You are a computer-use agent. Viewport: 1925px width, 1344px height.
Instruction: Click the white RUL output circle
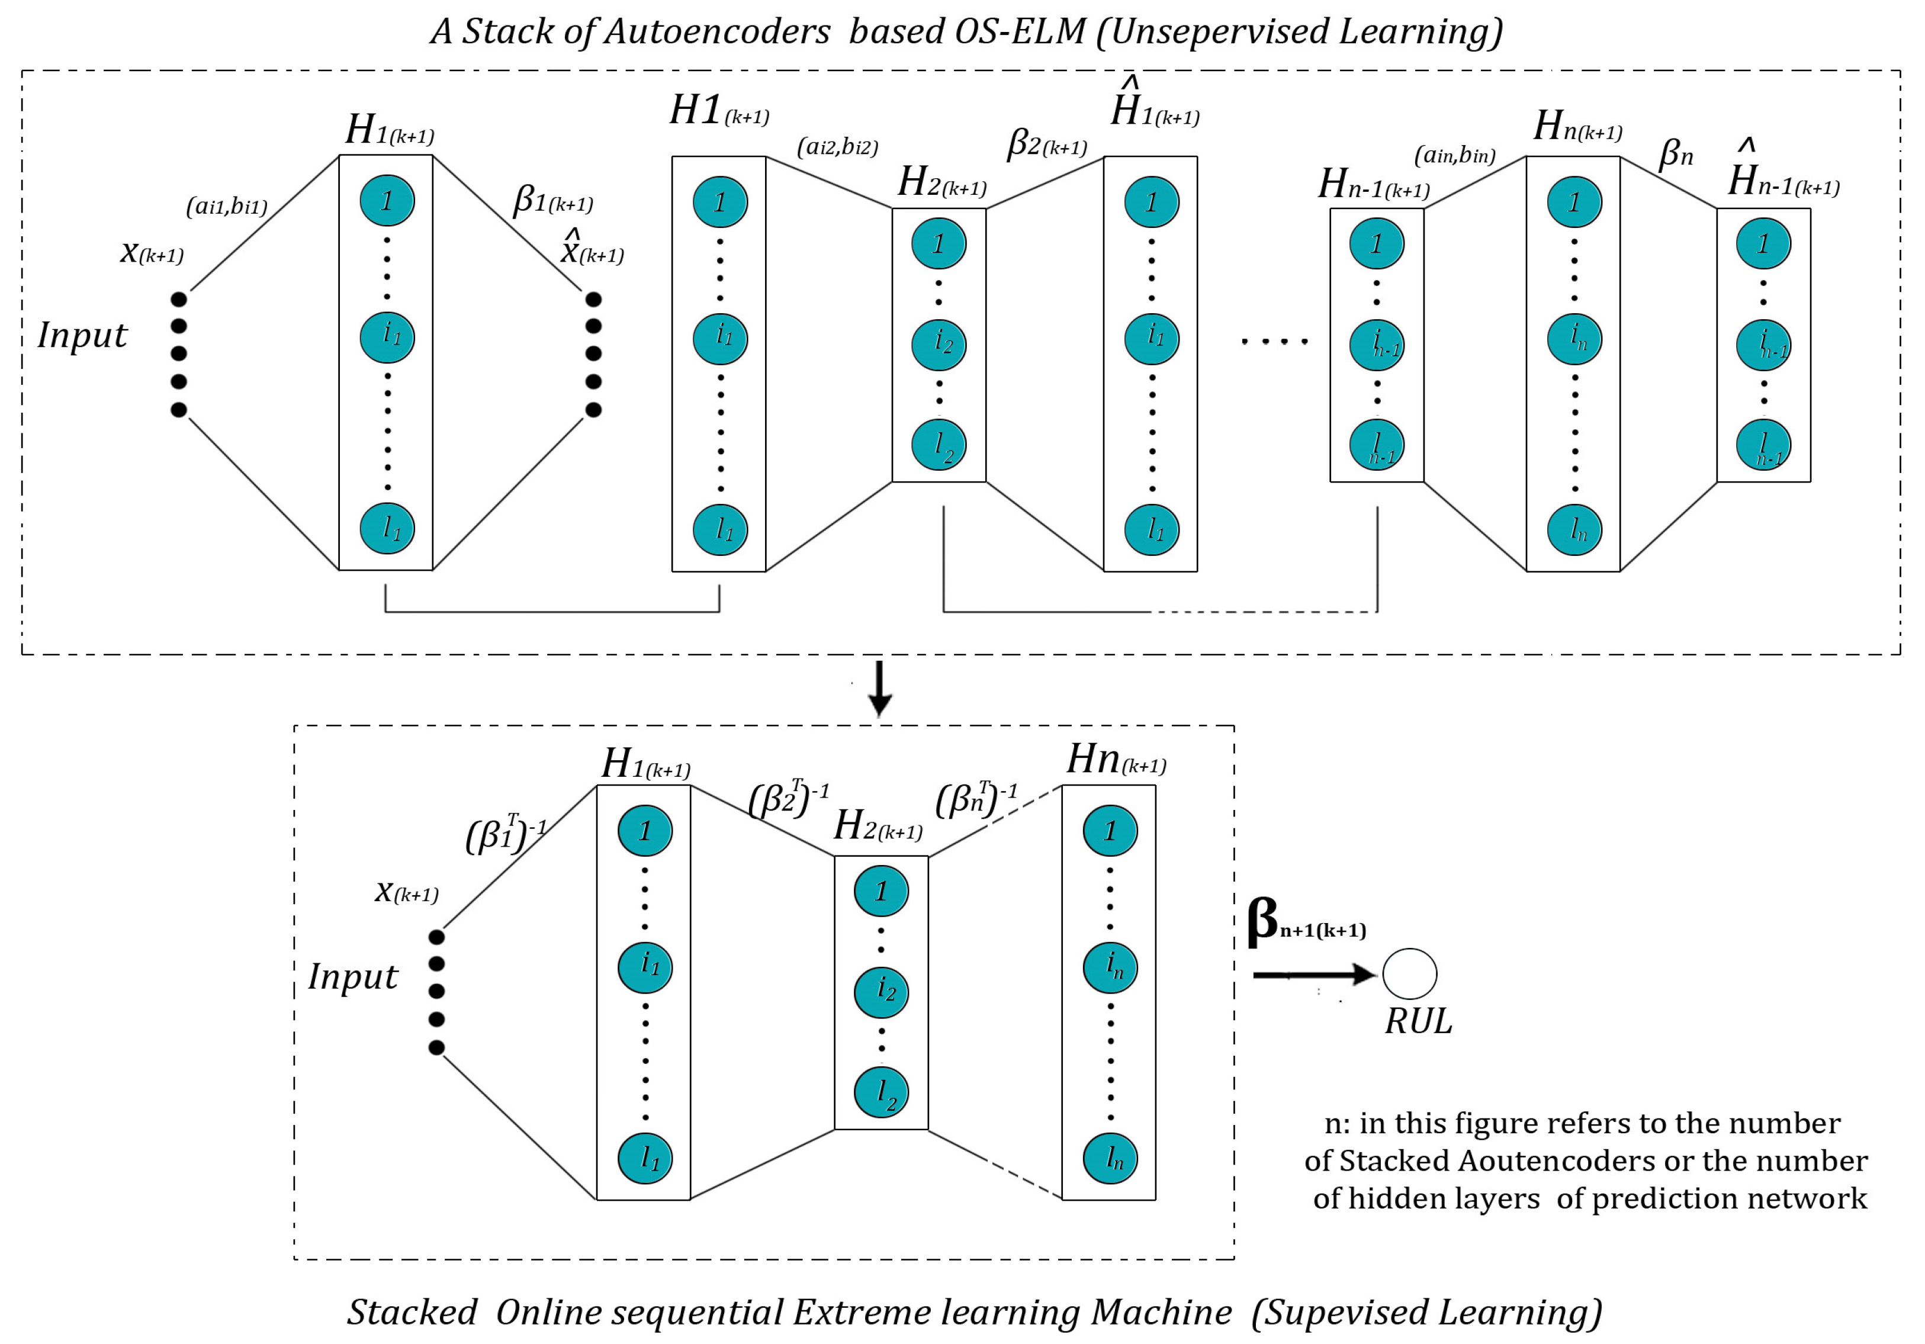coord(1409,973)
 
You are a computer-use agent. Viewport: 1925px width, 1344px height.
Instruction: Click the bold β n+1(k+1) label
coord(1306,922)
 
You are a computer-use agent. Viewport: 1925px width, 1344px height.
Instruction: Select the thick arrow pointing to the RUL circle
coord(1312,975)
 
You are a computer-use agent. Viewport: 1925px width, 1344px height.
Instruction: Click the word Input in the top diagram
coord(82,335)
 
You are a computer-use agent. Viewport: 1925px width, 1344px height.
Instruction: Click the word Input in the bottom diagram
coord(353,977)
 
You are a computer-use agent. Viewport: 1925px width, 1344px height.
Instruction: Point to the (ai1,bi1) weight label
coord(226,205)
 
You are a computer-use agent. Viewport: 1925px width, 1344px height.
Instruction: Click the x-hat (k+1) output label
coord(592,249)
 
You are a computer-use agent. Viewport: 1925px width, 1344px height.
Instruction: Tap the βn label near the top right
coord(1676,153)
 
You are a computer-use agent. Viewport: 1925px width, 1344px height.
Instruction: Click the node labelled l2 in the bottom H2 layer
coord(881,1092)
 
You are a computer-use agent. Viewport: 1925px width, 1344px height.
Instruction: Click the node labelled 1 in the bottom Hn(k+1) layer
coord(1110,831)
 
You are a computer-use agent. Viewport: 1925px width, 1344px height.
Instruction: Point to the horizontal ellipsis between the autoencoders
coord(1274,341)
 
